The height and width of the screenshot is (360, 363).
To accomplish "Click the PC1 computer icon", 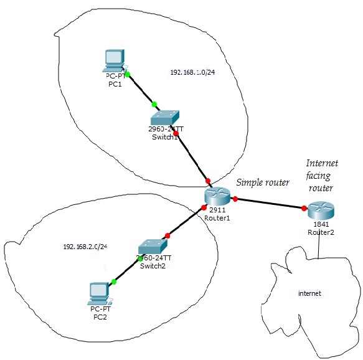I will click(x=114, y=61).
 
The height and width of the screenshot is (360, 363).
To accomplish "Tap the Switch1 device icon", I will click(x=165, y=117).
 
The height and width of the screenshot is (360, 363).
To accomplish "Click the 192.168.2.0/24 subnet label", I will click(x=85, y=247).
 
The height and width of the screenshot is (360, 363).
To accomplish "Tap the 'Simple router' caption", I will click(x=262, y=182).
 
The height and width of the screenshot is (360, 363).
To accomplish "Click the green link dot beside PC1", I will click(x=127, y=74).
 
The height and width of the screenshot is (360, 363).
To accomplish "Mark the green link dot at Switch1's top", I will click(x=154, y=104).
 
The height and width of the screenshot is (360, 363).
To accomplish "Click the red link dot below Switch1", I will click(x=176, y=133).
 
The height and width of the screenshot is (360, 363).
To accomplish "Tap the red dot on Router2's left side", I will click(x=304, y=208).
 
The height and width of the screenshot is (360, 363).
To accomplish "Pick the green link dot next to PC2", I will click(x=113, y=282).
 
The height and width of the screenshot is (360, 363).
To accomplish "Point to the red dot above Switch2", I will click(x=167, y=236).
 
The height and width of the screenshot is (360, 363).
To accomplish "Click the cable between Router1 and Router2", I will click(x=270, y=204).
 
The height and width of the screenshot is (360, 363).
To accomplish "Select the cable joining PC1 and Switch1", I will click(x=141, y=89).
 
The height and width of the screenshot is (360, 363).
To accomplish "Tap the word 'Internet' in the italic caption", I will click(x=321, y=163).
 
